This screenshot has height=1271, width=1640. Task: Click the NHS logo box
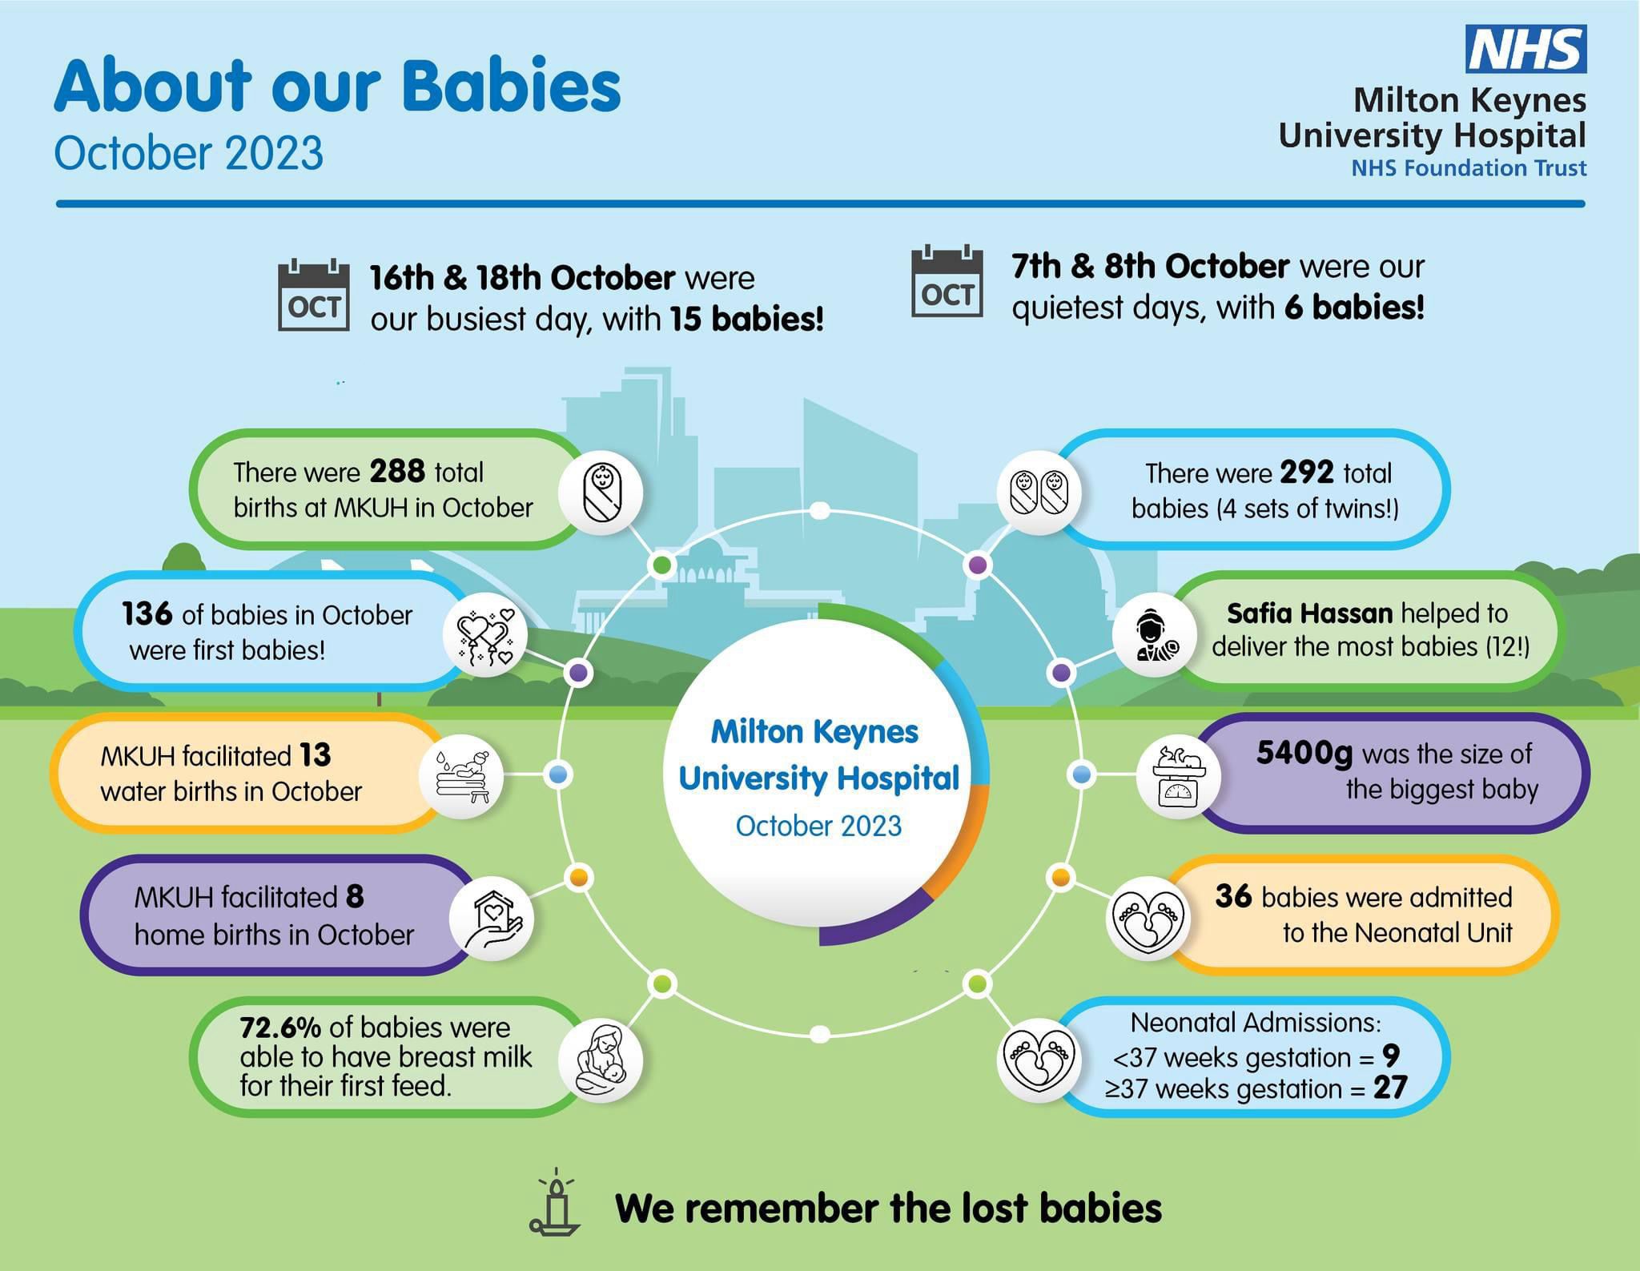[x=1525, y=49]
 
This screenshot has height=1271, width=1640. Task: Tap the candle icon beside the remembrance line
[x=555, y=1204]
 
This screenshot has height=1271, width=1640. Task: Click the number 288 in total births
[x=397, y=472]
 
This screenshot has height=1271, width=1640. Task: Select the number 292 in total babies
[x=1307, y=473]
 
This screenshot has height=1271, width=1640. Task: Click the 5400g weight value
[x=1304, y=754]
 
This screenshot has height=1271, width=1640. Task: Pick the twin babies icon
[x=1039, y=493]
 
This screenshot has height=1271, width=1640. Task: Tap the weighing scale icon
[x=1178, y=776]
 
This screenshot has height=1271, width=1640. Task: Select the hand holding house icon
[x=491, y=917]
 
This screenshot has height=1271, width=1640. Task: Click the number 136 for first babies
[x=147, y=613]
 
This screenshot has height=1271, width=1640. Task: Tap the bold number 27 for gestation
[x=1390, y=1088]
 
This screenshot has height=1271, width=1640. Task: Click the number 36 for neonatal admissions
[x=1233, y=896]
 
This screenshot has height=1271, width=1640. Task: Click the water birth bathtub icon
[x=462, y=775]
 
